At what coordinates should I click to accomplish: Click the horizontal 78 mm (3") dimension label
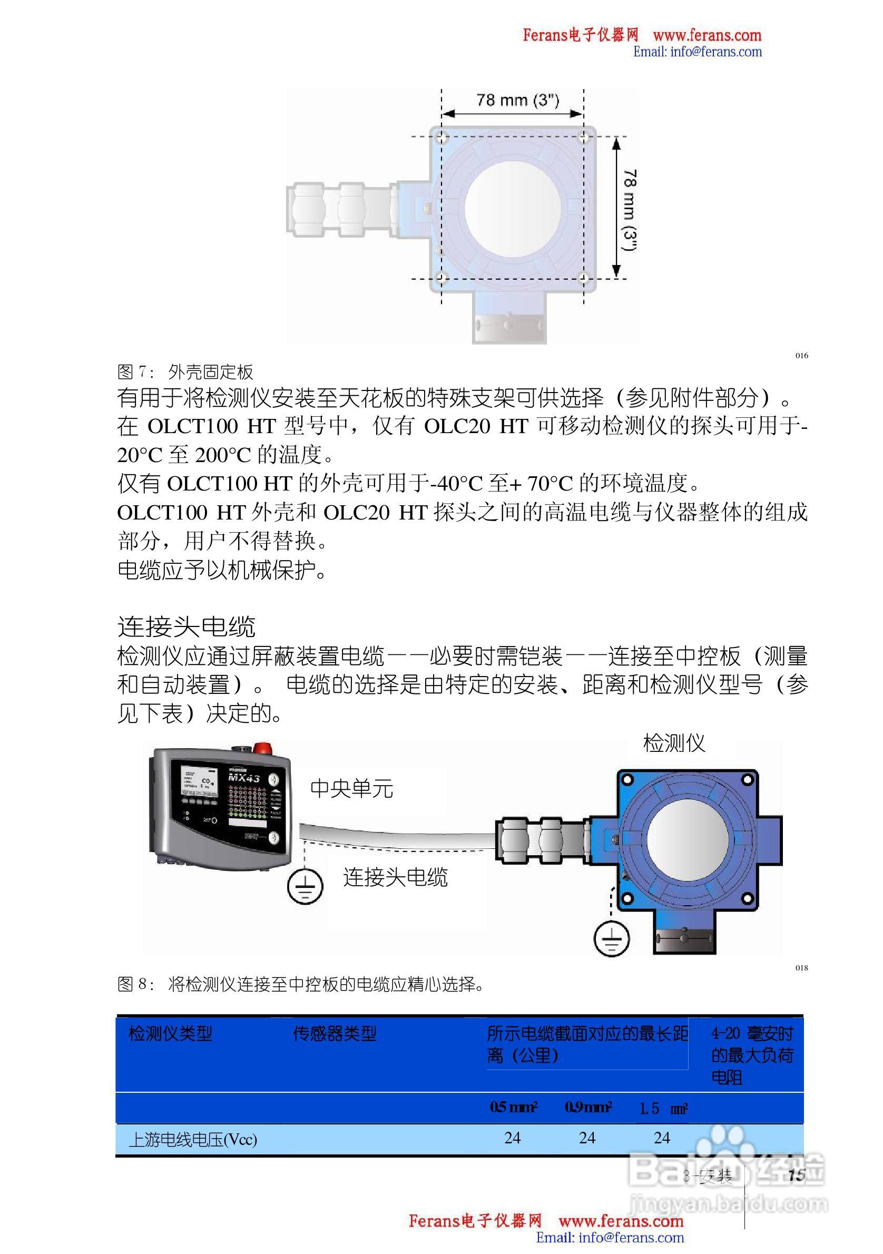(x=517, y=101)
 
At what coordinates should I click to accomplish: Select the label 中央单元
(x=351, y=789)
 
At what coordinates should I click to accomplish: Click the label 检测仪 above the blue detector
(x=674, y=743)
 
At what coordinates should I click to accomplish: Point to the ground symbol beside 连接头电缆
(x=305, y=886)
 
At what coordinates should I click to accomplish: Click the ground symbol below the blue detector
(x=612, y=938)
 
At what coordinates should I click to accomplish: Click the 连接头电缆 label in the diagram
(x=395, y=877)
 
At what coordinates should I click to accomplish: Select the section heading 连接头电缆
(x=186, y=626)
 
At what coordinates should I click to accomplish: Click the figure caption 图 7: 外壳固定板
(x=185, y=373)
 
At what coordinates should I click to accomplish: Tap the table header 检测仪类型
(x=170, y=1033)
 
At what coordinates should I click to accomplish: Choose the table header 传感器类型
(x=335, y=1033)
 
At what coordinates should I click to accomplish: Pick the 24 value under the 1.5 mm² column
(x=662, y=1138)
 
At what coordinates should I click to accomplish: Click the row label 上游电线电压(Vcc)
(x=193, y=1140)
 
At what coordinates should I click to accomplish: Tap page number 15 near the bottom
(x=797, y=1175)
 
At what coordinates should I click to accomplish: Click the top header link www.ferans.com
(x=707, y=35)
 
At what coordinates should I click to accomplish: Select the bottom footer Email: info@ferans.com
(x=610, y=1237)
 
